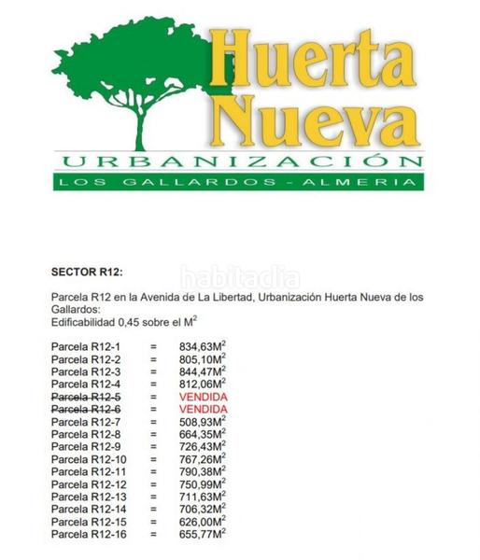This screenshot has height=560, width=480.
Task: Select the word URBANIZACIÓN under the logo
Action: pyautogui.click(x=238, y=160)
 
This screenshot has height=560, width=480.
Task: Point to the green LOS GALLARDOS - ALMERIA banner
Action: pyautogui.click(x=238, y=181)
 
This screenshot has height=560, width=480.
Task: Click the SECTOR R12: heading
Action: pyautogui.click(x=87, y=273)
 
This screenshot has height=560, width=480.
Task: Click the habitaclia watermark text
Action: pyautogui.click(x=240, y=276)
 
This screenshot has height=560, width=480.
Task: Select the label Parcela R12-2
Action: pyautogui.click(x=87, y=358)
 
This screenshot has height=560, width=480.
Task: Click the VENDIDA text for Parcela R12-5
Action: pyautogui.click(x=203, y=397)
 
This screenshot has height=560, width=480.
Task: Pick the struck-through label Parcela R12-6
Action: pyautogui.click(x=87, y=409)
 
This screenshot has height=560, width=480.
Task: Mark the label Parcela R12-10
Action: pyautogui.click(x=90, y=459)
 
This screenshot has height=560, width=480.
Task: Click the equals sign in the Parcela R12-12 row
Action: pyautogui.click(x=152, y=484)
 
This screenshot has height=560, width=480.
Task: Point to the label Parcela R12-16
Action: pyautogui.click(x=90, y=535)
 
